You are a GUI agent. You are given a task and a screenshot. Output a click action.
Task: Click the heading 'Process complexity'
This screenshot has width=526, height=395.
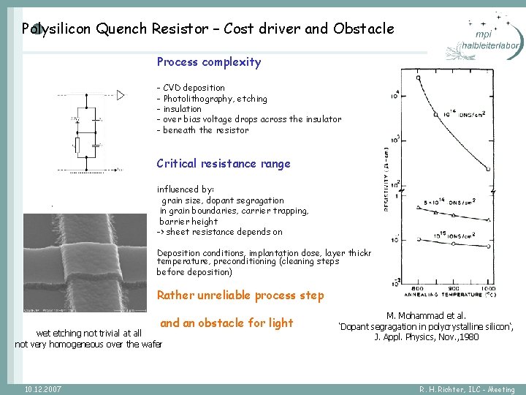tap(208, 62)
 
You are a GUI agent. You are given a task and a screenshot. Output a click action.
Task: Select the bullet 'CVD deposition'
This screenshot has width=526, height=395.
tap(194, 88)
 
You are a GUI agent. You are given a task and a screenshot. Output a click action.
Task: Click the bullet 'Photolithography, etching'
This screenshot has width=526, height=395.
tap(215, 99)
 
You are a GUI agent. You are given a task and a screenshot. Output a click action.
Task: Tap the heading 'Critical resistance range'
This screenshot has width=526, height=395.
tap(224, 164)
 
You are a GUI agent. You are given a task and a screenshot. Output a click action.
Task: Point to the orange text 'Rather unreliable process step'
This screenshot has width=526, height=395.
tap(240, 296)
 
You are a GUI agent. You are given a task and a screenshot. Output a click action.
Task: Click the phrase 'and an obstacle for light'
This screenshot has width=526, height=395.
tap(226, 323)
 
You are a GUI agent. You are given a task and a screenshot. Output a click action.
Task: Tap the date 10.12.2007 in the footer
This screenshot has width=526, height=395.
tap(42, 388)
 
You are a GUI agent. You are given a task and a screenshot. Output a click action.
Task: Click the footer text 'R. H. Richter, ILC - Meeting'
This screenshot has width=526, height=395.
tap(467, 389)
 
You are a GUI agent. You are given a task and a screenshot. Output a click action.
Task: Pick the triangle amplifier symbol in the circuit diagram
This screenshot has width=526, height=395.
tap(120, 95)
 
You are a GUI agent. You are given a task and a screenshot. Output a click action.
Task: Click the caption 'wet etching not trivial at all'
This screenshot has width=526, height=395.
tap(88, 333)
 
